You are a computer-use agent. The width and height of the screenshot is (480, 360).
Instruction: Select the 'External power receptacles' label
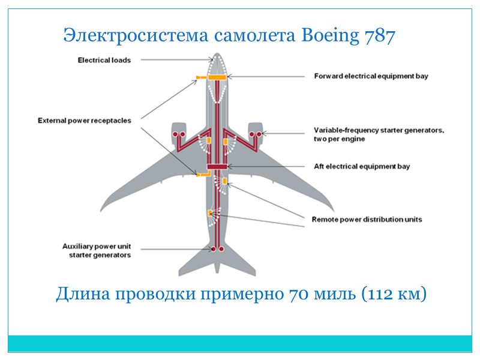(85, 121)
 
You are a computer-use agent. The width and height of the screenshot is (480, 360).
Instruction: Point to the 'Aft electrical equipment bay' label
(362, 166)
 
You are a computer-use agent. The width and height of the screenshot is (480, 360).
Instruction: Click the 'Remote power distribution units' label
(367, 220)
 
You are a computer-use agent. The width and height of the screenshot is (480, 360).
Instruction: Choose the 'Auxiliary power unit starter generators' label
(97, 250)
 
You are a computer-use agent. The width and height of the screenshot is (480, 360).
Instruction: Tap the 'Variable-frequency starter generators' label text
(379, 134)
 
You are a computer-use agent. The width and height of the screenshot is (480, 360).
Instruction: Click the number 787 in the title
(379, 37)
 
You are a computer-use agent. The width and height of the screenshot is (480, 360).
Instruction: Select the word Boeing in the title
(328, 37)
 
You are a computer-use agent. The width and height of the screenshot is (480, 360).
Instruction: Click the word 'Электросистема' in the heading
(136, 37)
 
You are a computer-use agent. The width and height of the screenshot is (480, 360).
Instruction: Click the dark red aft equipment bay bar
(216, 166)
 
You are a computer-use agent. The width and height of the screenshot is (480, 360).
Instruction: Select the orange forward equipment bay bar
(216, 77)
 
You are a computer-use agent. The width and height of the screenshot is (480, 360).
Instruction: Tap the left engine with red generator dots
(178, 134)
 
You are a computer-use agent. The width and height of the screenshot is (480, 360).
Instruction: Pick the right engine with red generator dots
(255, 134)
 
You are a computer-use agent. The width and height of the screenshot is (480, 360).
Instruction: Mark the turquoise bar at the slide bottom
(240, 343)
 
